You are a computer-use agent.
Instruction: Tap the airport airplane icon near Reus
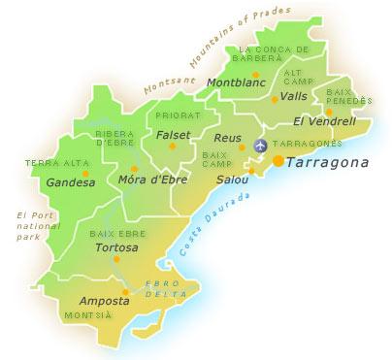coord(259,146)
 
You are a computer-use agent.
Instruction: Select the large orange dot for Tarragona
coord(278,161)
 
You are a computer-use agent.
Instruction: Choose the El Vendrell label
coord(324,122)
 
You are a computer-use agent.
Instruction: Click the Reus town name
coord(227,138)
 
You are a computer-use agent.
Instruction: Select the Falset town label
coord(172,135)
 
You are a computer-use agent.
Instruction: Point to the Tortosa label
coord(118,247)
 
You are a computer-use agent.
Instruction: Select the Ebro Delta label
coord(161,287)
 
